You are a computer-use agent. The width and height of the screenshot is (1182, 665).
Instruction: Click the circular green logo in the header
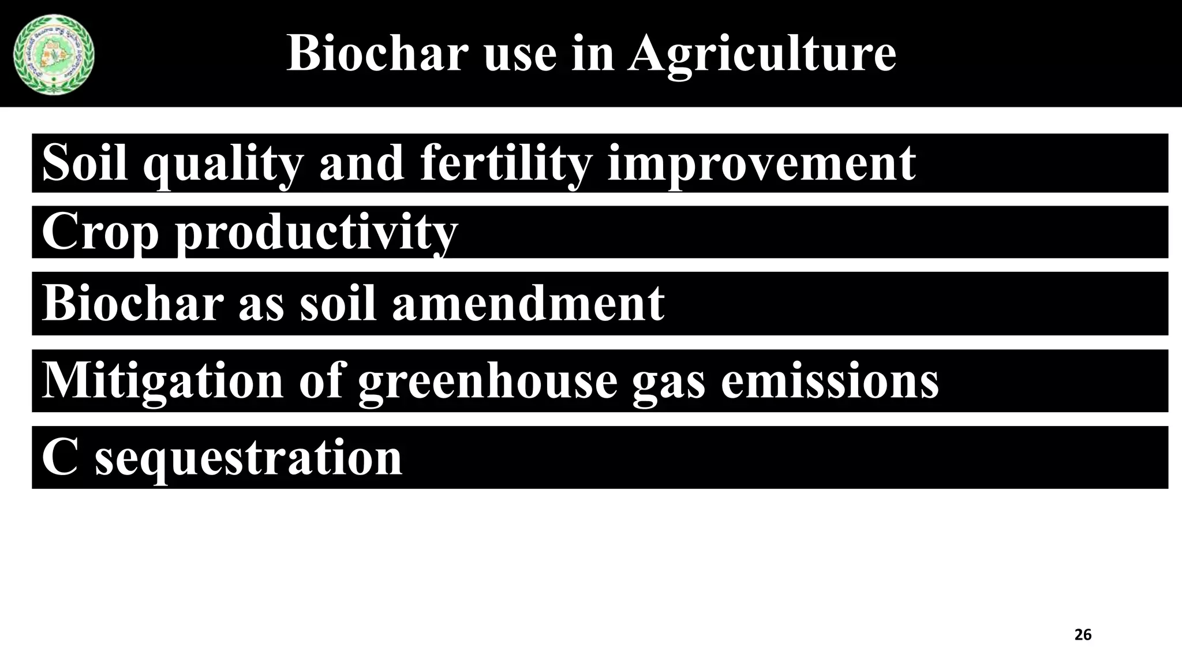(x=54, y=55)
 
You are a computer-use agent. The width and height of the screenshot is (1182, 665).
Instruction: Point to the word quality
(x=223, y=165)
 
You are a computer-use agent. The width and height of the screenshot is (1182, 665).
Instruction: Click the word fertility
(x=506, y=165)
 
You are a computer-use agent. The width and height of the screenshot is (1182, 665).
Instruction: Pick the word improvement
(x=761, y=165)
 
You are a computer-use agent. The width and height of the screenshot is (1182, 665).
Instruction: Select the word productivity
(x=316, y=233)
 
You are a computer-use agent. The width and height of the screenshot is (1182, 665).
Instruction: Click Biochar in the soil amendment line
(x=133, y=303)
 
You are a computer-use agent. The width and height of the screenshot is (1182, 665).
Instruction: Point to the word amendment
(x=528, y=303)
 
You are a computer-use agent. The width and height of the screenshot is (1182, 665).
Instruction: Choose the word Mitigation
(x=163, y=381)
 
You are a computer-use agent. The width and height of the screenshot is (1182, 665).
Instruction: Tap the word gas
(x=668, y=381)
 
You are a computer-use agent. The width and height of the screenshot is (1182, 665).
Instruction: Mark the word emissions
(x=830, y=381)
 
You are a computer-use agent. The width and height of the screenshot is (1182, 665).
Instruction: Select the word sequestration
(x=248, y=458)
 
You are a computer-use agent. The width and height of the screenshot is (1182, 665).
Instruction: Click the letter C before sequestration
(x=59, y=458)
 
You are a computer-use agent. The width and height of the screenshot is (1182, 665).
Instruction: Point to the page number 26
(x=1083, y=635)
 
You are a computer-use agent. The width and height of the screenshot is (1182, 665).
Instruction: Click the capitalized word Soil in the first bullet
(x=85, y=165)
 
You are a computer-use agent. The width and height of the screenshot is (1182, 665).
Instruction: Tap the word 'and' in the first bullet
(x=361, y=165)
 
